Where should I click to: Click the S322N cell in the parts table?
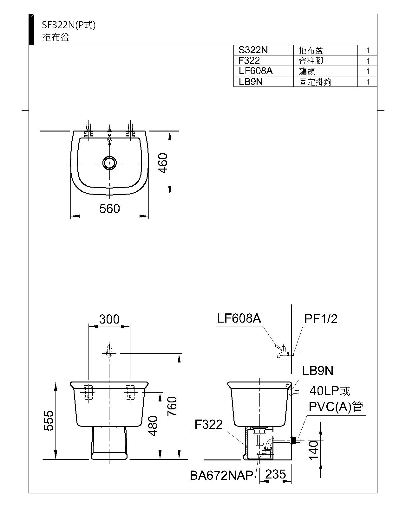tap(253, 50)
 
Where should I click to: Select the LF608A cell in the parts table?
tap(255, 71)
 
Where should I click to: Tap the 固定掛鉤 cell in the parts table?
tap(315, 82)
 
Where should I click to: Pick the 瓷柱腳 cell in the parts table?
tap(311, 61)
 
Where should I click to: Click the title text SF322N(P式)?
tap(69, 25)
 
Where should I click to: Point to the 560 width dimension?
tap(109, 209)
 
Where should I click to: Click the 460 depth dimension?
tap(163, 163)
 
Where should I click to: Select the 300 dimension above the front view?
tap(109, 319)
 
